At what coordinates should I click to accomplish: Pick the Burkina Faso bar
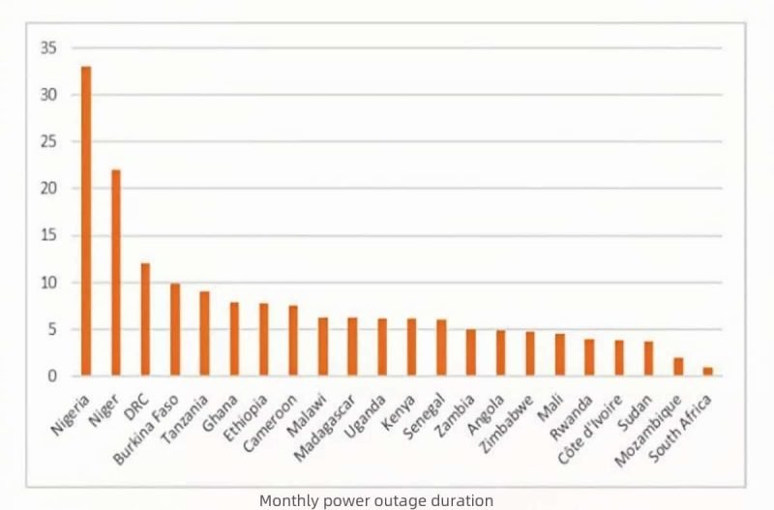coord(175,329)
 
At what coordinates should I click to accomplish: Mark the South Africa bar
coord(707,372)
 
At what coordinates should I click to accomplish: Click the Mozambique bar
coord(678,367)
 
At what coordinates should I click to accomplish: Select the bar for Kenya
coord(411,346)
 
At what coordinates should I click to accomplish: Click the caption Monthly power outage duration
coord(376,500)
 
